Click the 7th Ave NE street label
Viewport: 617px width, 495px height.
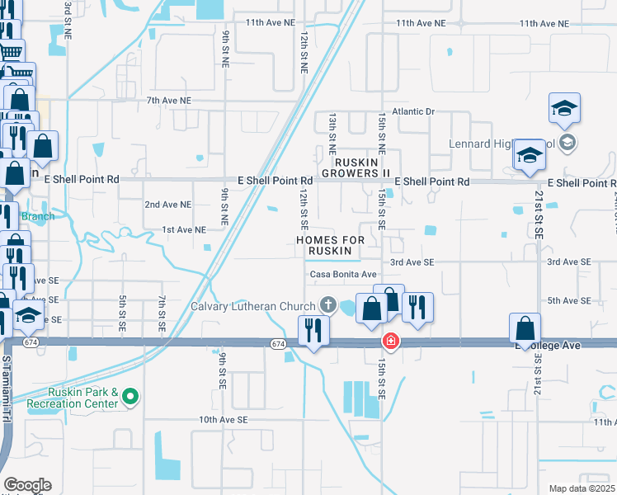[x=168, y=100]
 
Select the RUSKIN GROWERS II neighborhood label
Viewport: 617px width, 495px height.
[x=355, y=167]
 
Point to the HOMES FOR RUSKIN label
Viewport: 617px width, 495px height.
[x=330, y=245]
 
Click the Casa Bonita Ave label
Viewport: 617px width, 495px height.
[x=343, y=274]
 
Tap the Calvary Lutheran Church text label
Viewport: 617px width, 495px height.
[x=253, y=306]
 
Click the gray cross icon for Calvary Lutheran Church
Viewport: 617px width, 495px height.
[x=328, y=304]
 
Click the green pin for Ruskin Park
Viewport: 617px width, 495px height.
[x=130, y=398]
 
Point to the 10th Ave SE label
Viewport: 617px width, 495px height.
[x=223, y=420]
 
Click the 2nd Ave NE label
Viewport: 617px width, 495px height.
[x=167, y=204]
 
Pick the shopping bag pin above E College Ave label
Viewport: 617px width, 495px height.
[x=525, y=329]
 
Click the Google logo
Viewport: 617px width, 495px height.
[x=27, y=485]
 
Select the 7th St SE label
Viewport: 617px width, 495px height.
[x=162, y=313]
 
